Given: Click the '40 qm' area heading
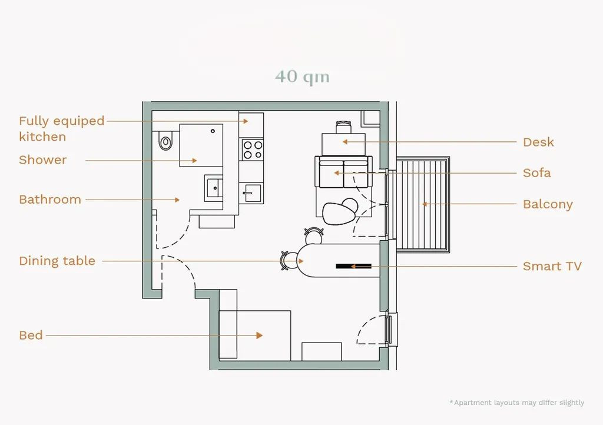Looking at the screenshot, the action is coord(302,77).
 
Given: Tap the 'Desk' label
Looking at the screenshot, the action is coord(538,142).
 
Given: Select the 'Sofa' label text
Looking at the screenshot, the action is coord(537,173).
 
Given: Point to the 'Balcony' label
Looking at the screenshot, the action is coord(548,204).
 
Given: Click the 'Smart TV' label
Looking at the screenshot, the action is coord(552,266).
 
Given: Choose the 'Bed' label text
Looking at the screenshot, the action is coord(31,335).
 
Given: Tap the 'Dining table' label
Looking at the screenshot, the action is coord(57,261).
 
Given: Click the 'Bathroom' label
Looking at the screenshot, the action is coord(50,200).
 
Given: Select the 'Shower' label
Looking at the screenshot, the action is coord(42,160).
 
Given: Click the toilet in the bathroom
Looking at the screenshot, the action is coord(165,141).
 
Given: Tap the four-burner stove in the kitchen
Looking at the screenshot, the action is coord(253,150).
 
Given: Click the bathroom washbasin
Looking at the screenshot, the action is coord(213,188).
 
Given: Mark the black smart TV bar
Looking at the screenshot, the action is coord(353,266).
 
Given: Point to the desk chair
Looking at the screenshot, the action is coord(343,127).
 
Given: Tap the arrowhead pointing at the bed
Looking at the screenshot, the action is coord(260,336).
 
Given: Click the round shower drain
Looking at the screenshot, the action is coord(213,131).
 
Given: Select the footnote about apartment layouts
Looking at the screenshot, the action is coord(517,403).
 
